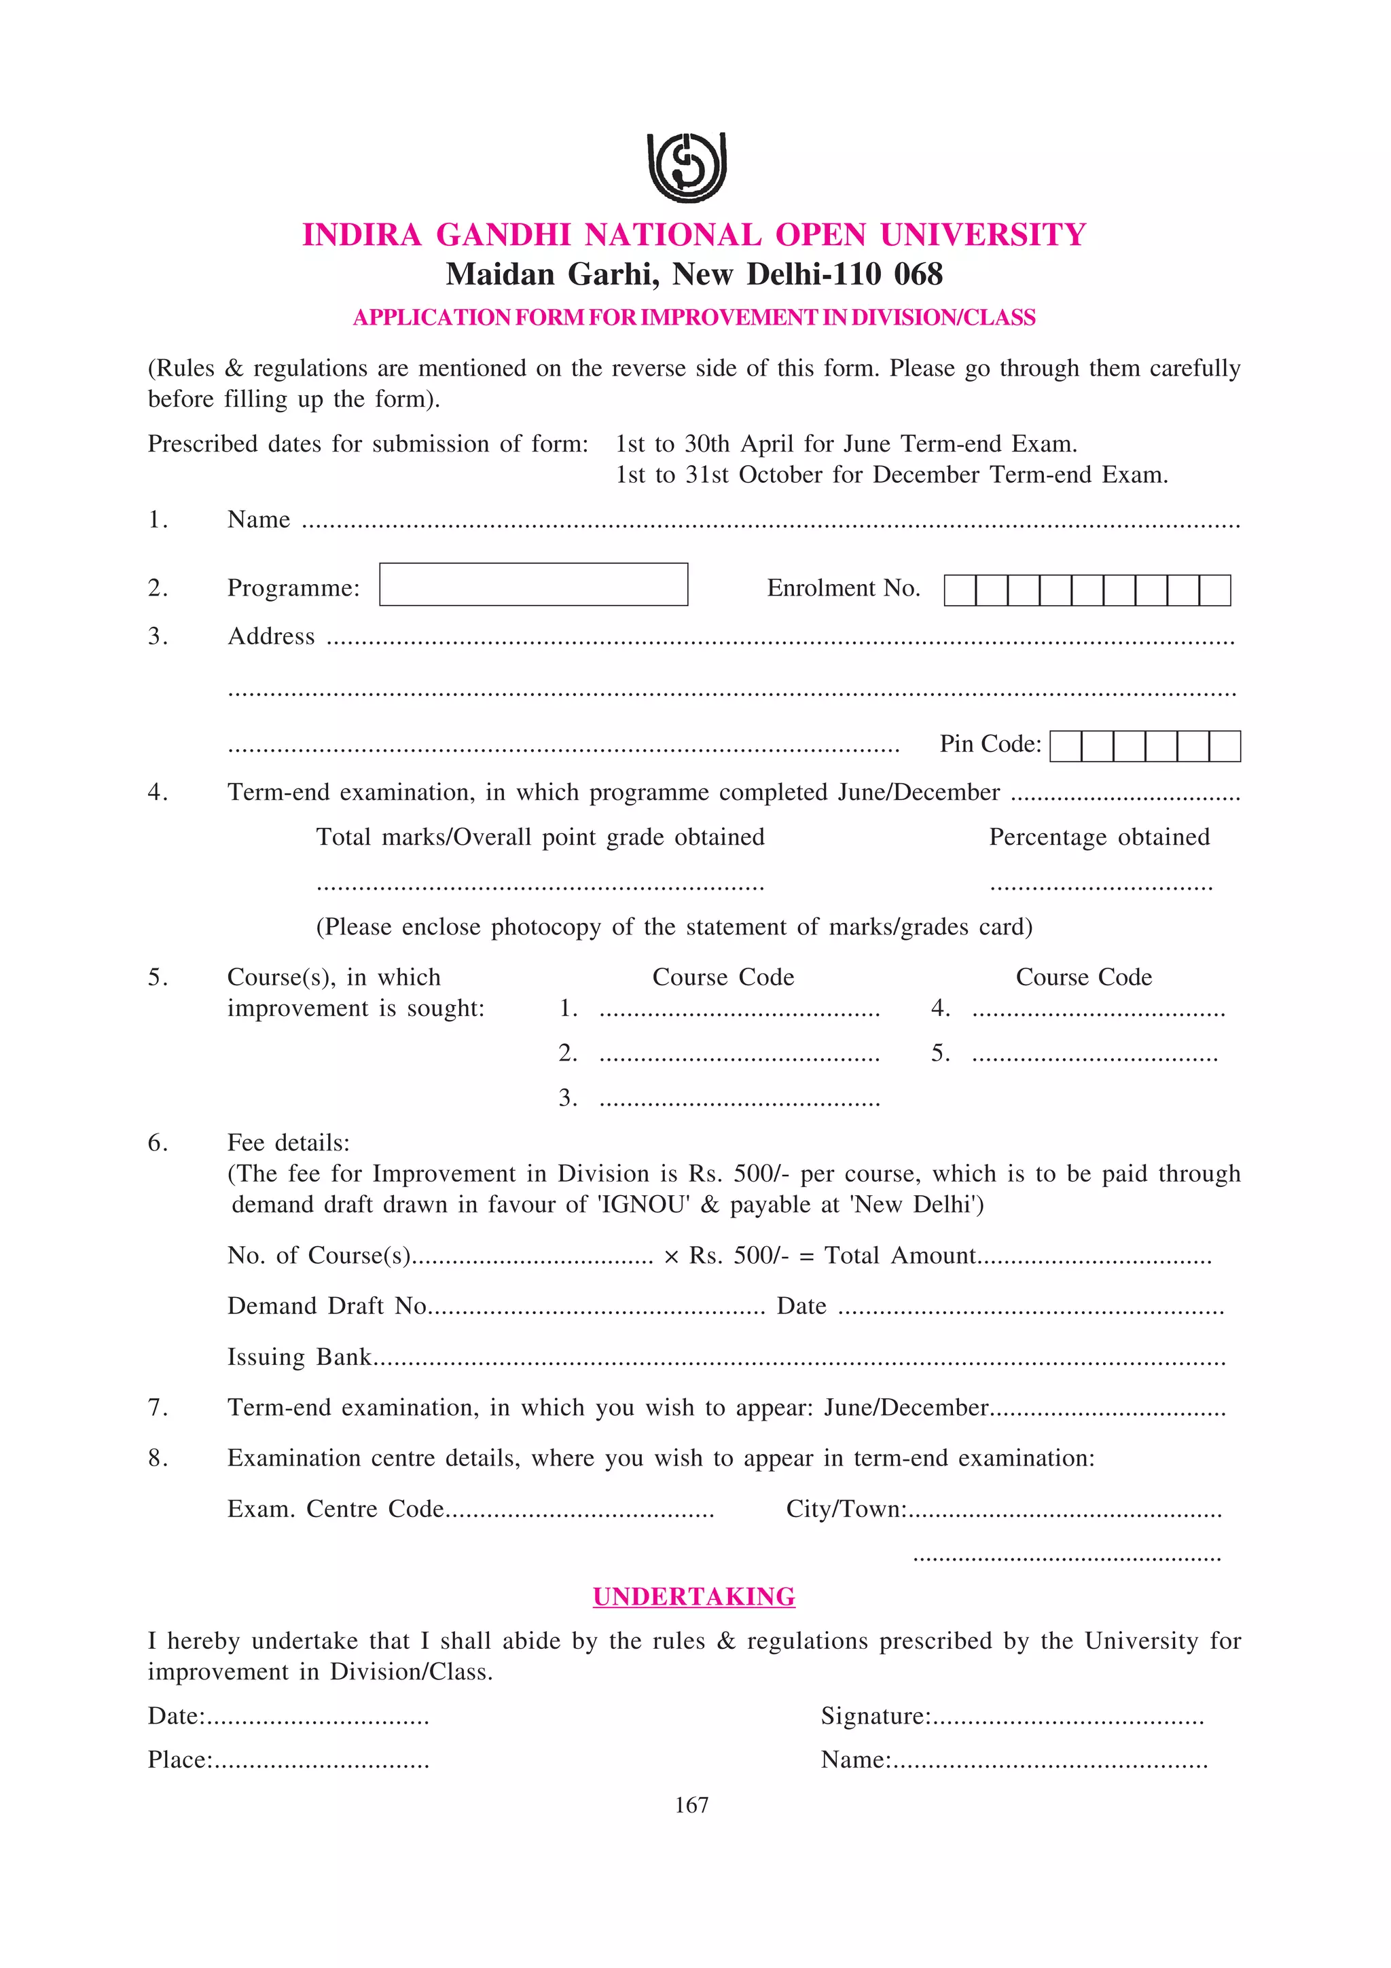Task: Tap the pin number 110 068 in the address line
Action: tap(888, 274)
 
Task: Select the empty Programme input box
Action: tap(533, 585)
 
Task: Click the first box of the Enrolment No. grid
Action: tap(959, 591)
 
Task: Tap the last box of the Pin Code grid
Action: tap(1224, 746)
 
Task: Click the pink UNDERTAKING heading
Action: tap(693, 1597)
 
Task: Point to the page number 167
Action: tap(691, 1804)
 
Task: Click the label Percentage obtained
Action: tap(1099, 837)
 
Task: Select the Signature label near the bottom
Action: tap(874, 1716)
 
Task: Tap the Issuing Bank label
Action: tap(298, 1357)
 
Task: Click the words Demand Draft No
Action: tap(327, 1305)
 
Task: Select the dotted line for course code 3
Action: tap(739, 1101)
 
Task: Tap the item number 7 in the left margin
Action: tap(157, 1408)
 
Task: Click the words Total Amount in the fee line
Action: tap(899, 1256)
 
